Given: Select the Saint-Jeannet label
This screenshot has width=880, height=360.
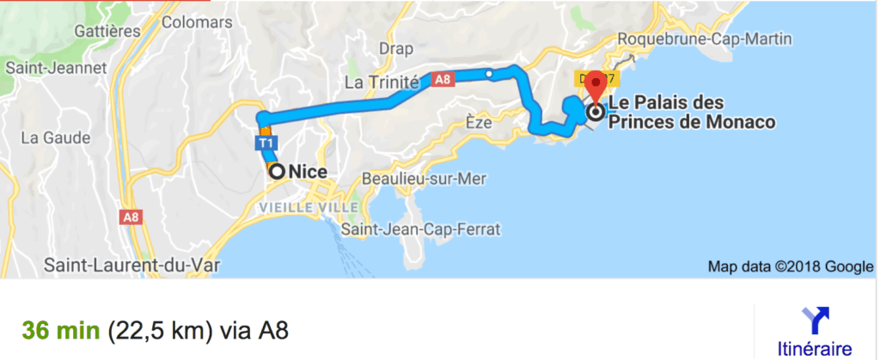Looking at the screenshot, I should click(55, 67).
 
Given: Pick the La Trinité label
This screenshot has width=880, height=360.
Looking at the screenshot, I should click(381, 83).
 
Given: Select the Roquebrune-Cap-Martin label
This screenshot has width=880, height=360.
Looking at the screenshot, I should click(704, 40).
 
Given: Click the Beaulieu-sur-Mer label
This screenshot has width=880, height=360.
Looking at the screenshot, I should click(425, 180).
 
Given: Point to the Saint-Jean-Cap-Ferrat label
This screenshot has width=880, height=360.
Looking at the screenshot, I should click(420, 229).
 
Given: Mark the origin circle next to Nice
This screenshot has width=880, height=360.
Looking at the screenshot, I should click(278, 171).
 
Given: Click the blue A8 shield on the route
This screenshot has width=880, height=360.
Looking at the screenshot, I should click(442, 80).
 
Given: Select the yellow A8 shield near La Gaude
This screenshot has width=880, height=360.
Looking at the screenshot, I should click(131, 218).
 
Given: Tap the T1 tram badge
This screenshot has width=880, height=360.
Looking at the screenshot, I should click(266, 143).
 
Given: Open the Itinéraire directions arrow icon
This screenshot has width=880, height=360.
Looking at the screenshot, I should click(814, 320).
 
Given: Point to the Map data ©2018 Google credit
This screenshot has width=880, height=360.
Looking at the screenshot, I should click(790, 266).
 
